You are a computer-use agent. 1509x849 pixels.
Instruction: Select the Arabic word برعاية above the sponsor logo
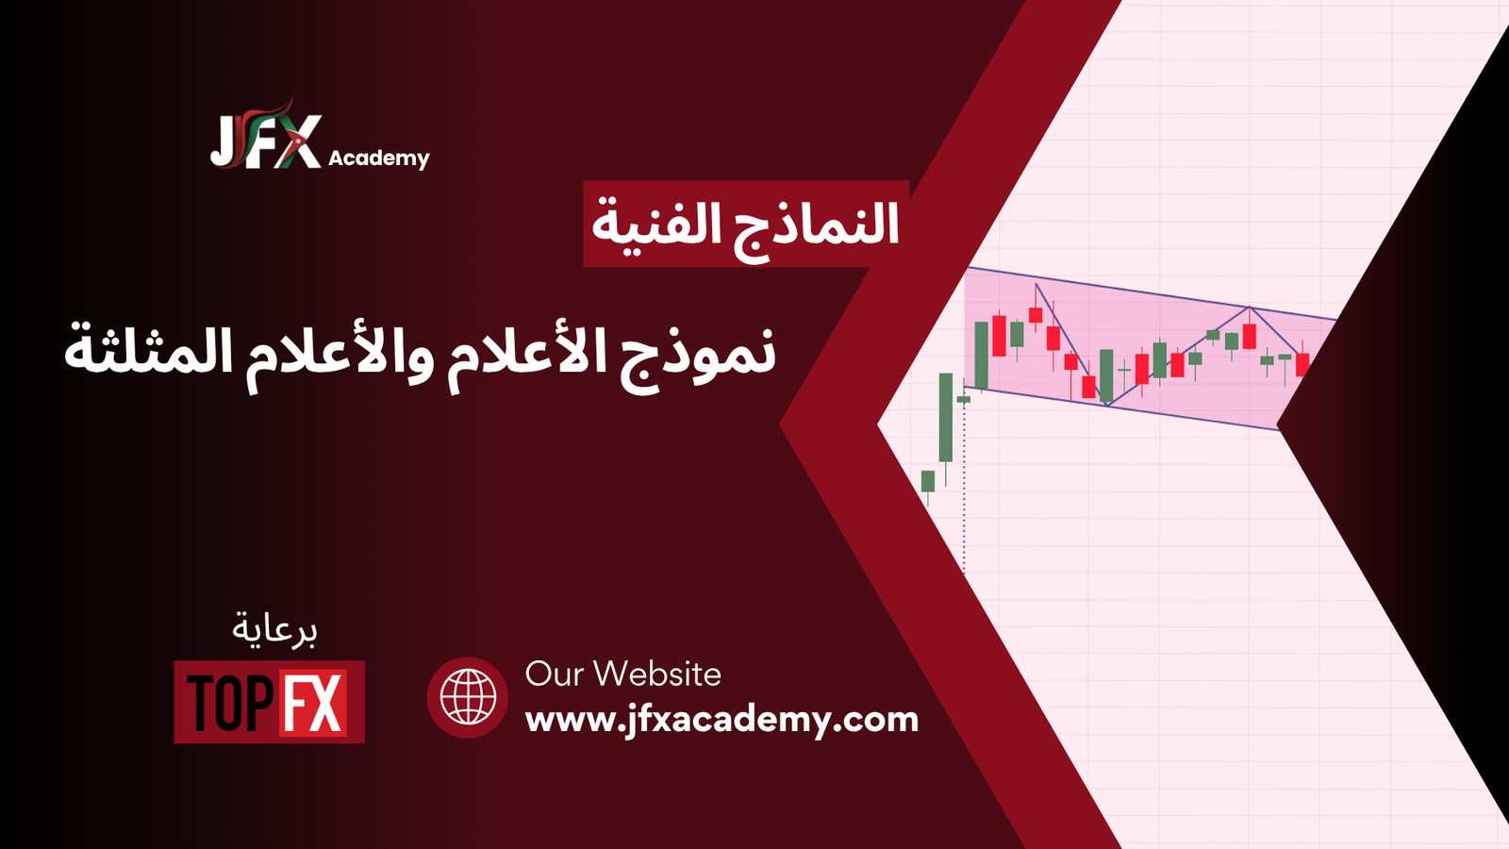tap(274, 630)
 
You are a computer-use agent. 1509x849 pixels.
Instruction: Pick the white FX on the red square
tap(313, 702)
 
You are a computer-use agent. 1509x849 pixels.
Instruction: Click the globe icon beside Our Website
tap(468, 697)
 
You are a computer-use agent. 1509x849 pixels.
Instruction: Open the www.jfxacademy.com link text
tap(721, 721)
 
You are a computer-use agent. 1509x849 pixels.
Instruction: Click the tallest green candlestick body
tap(946, 418)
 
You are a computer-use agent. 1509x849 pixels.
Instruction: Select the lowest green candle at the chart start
tap(928, 481)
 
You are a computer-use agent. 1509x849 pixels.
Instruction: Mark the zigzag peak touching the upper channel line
tap(1250, 308)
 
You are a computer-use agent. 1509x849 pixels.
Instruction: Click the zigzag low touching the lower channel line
tap(1107, 405)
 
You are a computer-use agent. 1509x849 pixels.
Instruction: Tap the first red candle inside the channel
tap(999, 336)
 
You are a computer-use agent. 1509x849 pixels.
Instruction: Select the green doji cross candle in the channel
tap(1123, 370)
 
